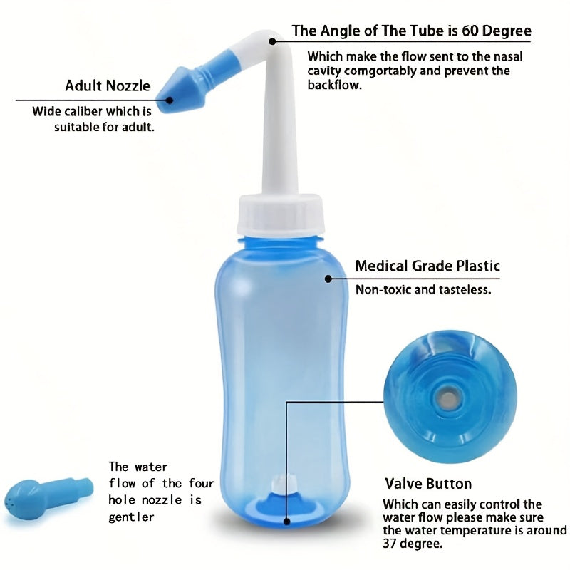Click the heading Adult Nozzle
coord(108,86)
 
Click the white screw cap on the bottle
coord(283,216)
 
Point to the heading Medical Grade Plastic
coord(427,266)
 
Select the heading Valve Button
coord(427,484)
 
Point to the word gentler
coord(132,517)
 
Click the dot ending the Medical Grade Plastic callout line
coord(328,279)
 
